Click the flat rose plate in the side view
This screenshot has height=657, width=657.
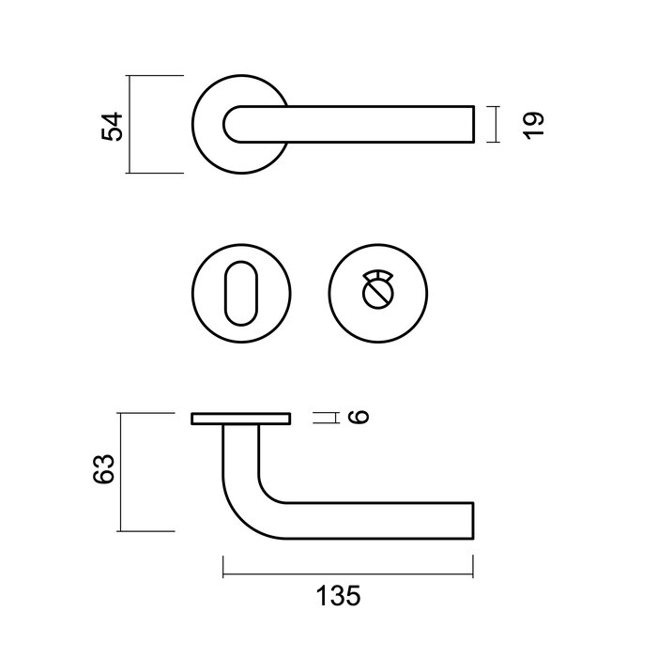tap(241, 419)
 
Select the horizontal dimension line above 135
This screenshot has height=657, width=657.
tap(347, 566)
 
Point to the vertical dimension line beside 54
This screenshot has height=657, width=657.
tap(130, 125)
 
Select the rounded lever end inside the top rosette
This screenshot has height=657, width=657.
tap(235, 124)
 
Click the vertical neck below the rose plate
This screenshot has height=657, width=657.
tap(240, 451)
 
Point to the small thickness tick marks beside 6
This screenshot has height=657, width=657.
tap(325, 418)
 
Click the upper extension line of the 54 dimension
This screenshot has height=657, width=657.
tap(156, 75)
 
